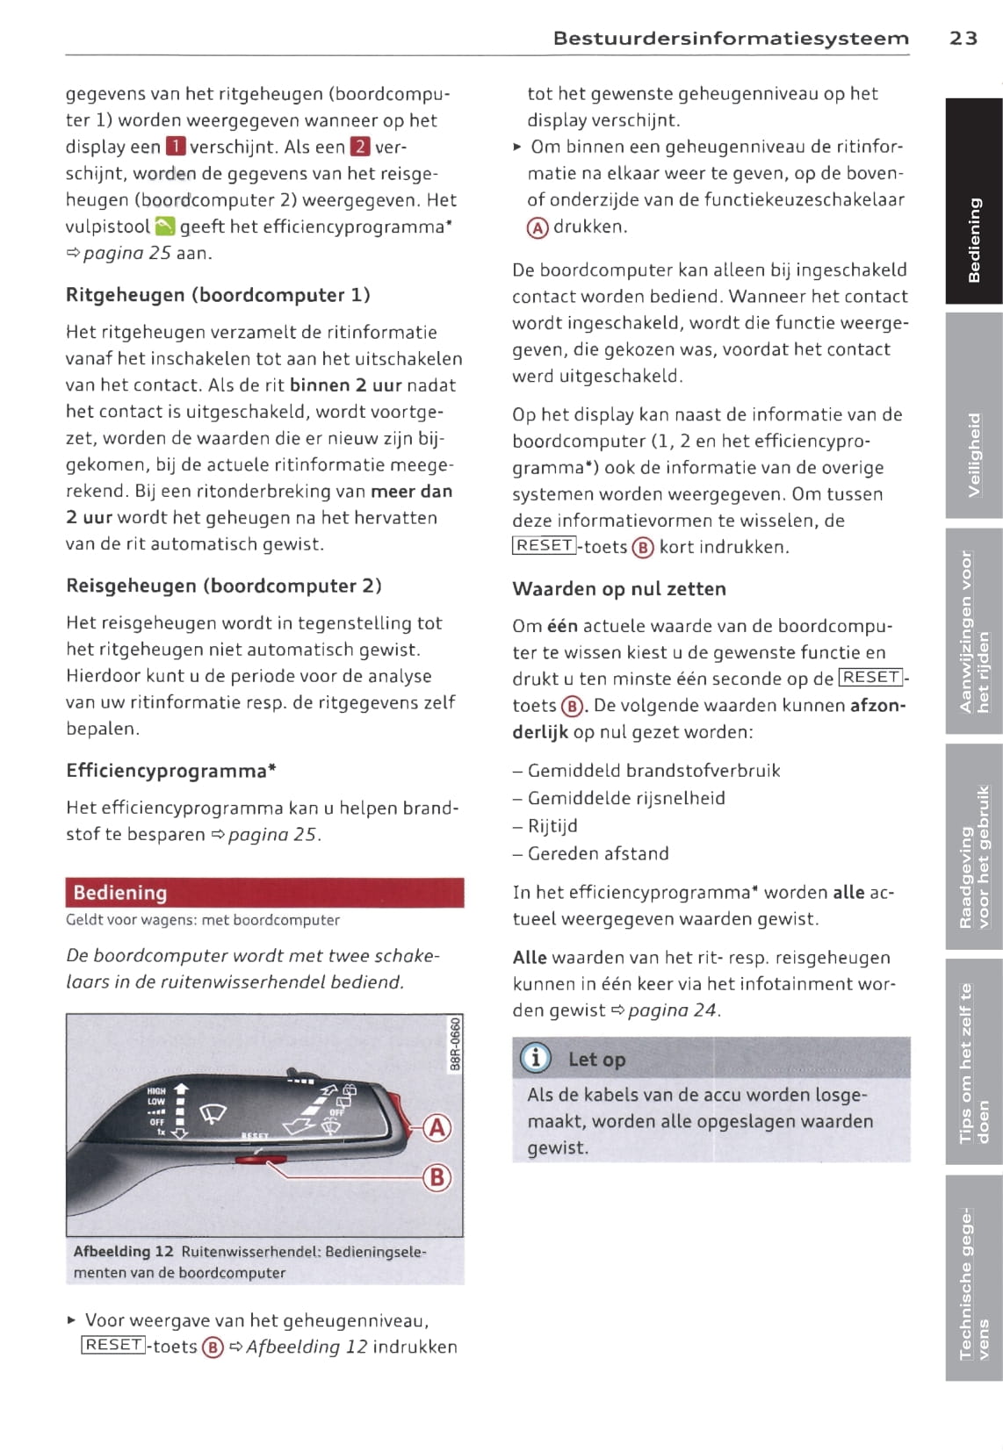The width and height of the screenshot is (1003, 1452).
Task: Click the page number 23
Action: [963, 38]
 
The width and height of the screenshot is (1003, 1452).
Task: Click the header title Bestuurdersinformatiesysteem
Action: [731, 38]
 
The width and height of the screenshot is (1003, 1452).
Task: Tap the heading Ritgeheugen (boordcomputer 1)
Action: [218, 295]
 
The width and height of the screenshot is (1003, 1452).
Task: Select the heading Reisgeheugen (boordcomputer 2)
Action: [223, 586]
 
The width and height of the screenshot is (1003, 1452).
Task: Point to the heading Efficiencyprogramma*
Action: [171, 771]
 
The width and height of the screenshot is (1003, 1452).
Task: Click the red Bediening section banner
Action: [264, 893]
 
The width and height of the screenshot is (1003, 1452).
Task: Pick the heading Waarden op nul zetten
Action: [619, 589]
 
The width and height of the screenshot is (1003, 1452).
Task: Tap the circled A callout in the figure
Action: [437, 1128]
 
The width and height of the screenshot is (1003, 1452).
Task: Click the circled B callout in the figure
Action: [437, 1177]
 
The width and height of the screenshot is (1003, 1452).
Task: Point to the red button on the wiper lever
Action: [251, 1161]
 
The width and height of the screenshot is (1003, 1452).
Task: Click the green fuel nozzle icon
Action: [165, 227]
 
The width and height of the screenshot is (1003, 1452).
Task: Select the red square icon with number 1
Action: [176, 147]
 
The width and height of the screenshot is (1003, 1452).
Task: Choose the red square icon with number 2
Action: [360, 147]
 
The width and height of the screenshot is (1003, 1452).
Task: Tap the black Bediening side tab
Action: [974, 202]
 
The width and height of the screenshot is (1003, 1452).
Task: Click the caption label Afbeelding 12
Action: [123, 1251]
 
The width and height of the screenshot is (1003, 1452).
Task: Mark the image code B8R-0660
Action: [453, 1045]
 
